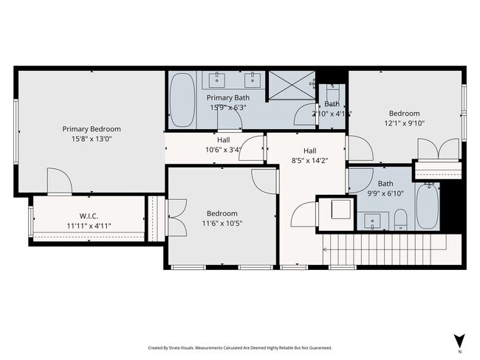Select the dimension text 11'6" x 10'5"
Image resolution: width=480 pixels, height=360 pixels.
pos(222,223)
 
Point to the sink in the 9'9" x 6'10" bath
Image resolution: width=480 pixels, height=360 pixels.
pos(374,219)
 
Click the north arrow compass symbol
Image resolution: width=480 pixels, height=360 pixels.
pos(459,340)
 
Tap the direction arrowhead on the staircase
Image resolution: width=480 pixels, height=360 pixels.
pos(326,250)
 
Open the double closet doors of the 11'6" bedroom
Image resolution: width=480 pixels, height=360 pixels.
pos(176,217)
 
